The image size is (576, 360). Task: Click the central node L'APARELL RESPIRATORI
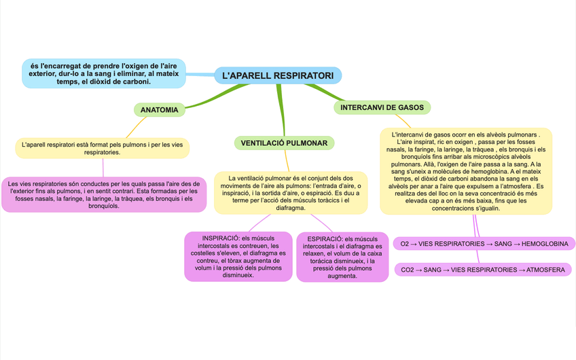[277, 75]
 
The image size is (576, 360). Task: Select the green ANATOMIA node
[159, 109]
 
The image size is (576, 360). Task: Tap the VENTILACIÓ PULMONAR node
[283, 143]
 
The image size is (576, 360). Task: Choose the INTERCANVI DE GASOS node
[382, 107]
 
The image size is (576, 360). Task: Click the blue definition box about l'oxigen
[104, 73]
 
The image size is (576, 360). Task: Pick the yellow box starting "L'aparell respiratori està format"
[102, 148]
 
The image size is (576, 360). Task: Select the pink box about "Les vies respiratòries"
[103, 194]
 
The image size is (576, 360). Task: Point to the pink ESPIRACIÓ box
[342, 257]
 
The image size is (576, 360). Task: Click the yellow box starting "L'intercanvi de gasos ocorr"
[465, 171]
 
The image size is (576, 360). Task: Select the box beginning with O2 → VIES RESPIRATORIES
[484, 243]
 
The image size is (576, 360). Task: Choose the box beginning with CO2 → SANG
[483, 270]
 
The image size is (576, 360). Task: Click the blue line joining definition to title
[200, 74]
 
